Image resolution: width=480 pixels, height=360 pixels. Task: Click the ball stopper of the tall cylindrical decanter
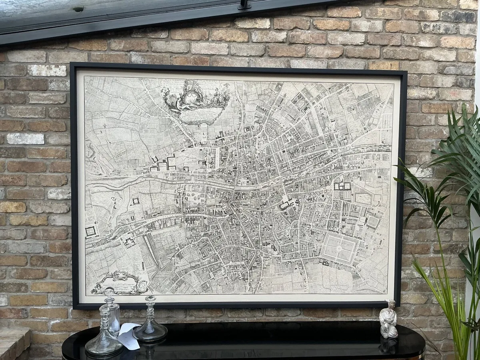[108, 292]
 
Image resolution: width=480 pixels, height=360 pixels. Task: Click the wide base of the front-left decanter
[104, 346]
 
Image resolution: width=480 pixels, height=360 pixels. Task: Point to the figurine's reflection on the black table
[388, 345]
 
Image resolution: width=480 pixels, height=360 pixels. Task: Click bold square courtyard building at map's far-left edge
[90, 231]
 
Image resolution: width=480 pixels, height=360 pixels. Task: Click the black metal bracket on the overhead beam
[244, 5]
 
